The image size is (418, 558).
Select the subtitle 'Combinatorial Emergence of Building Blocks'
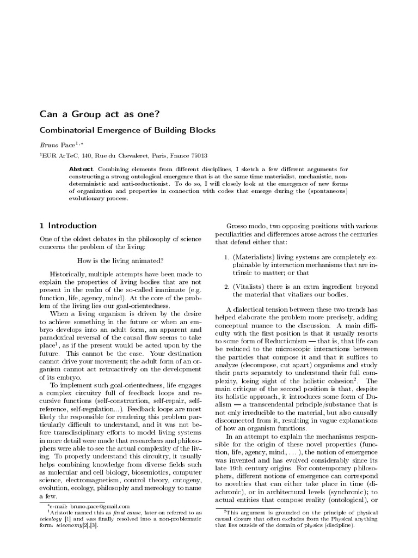127,130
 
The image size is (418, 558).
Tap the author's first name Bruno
50,145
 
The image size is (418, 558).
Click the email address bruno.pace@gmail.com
99,506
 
